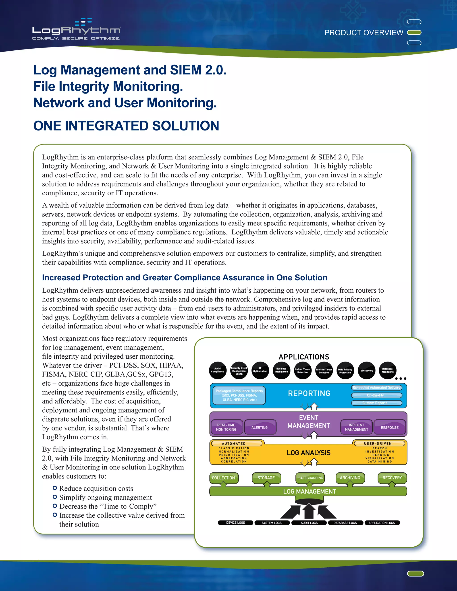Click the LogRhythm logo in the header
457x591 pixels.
(x=76, y=30)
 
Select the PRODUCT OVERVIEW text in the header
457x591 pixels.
(x=364, y=33)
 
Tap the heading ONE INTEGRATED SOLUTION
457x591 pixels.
(x=126, y=126)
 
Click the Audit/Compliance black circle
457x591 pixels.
(x=218, y=370)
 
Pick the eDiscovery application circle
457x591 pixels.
(x=367, y=370)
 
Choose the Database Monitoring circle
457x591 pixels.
(x=387, y=370)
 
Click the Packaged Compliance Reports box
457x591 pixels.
(x=239, y=395)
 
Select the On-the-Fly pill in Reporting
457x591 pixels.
(x=376, y=395)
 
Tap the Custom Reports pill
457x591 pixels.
(x=376, y=403)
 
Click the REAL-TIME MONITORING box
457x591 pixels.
(x=226, y=427)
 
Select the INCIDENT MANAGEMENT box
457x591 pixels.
(x=356, y=427)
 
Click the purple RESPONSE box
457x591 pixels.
(x=390, y=427)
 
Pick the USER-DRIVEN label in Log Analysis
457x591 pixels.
(x=379, y=444)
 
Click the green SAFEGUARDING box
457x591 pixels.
(x=311, y=478)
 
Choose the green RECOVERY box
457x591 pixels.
(x=392, y=478)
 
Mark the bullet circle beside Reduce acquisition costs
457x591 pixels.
(x=55, y=488)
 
